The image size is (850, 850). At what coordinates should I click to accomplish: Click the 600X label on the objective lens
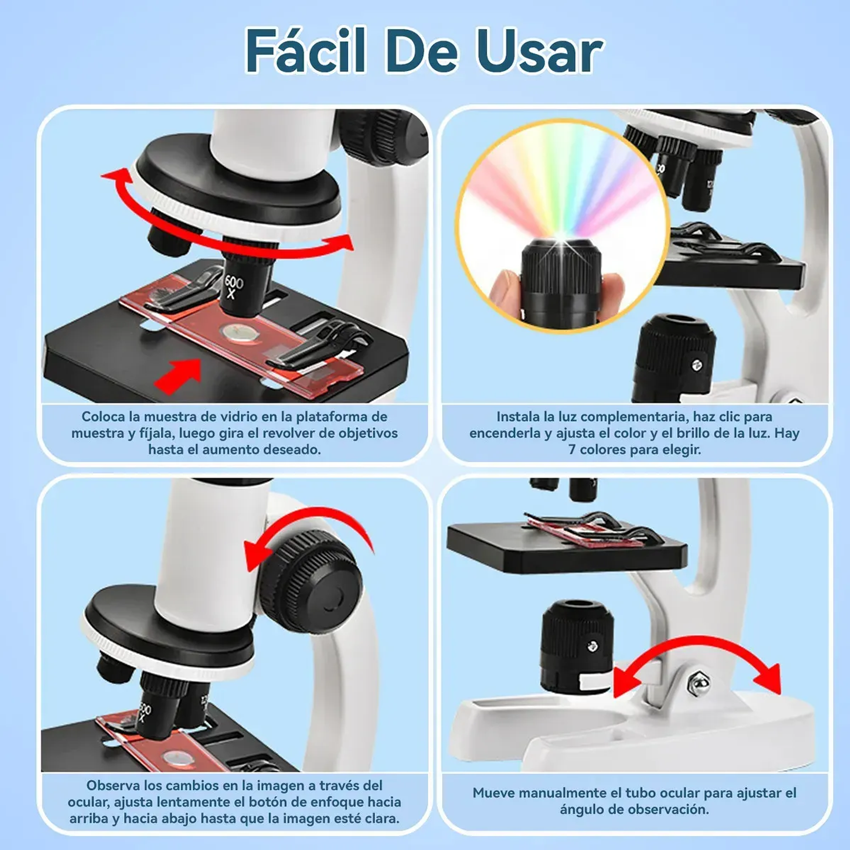click(x=233, y=286)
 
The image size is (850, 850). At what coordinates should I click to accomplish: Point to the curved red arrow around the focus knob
click(x=309, y=527)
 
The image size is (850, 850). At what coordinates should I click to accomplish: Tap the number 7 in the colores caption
click(x=572, y=450)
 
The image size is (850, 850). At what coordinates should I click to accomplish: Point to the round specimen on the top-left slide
click(x=240, y=333)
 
